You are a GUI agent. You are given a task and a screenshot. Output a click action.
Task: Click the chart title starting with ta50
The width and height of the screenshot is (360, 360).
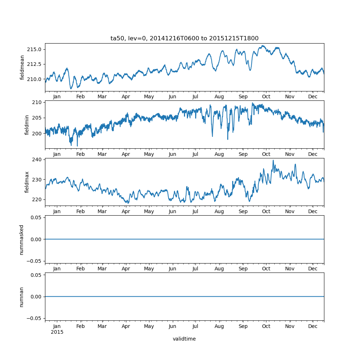(184, 39)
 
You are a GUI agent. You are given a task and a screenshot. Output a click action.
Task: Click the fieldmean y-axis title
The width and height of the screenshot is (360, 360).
(22, 67)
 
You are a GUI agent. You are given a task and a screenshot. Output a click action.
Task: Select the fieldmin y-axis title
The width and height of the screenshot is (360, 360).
(27, 125)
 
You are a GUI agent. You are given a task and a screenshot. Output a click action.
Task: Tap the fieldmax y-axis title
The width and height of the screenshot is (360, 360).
(27, 182)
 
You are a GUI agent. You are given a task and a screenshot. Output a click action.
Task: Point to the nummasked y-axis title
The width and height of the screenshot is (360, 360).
(22, 239)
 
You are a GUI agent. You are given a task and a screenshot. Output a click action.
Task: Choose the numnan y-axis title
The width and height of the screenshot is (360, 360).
(22, 297)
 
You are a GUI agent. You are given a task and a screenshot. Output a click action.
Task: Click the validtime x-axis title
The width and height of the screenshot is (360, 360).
(184, 339)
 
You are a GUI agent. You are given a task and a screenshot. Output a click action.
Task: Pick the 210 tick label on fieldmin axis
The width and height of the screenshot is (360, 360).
(38, 102)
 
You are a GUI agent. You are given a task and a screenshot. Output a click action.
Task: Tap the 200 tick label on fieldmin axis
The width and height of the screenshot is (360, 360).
(38, 133)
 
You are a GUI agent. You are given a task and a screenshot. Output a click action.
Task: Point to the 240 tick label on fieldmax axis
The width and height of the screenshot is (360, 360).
(38, 159)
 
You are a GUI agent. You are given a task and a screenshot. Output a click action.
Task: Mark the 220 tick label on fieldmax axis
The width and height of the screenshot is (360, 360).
(38, 199)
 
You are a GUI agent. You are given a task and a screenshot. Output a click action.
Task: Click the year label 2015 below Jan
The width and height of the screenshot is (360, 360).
(57, 332)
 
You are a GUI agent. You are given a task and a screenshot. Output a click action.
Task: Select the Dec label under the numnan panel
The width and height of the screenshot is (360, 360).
(313, 326)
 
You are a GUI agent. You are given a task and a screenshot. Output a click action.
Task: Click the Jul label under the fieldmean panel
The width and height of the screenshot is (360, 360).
(195, 97)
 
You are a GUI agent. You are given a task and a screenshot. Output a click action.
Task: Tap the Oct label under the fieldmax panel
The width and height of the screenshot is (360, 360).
(266, 211)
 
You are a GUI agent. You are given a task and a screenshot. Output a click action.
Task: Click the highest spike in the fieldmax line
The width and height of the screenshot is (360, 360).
(273, 160)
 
